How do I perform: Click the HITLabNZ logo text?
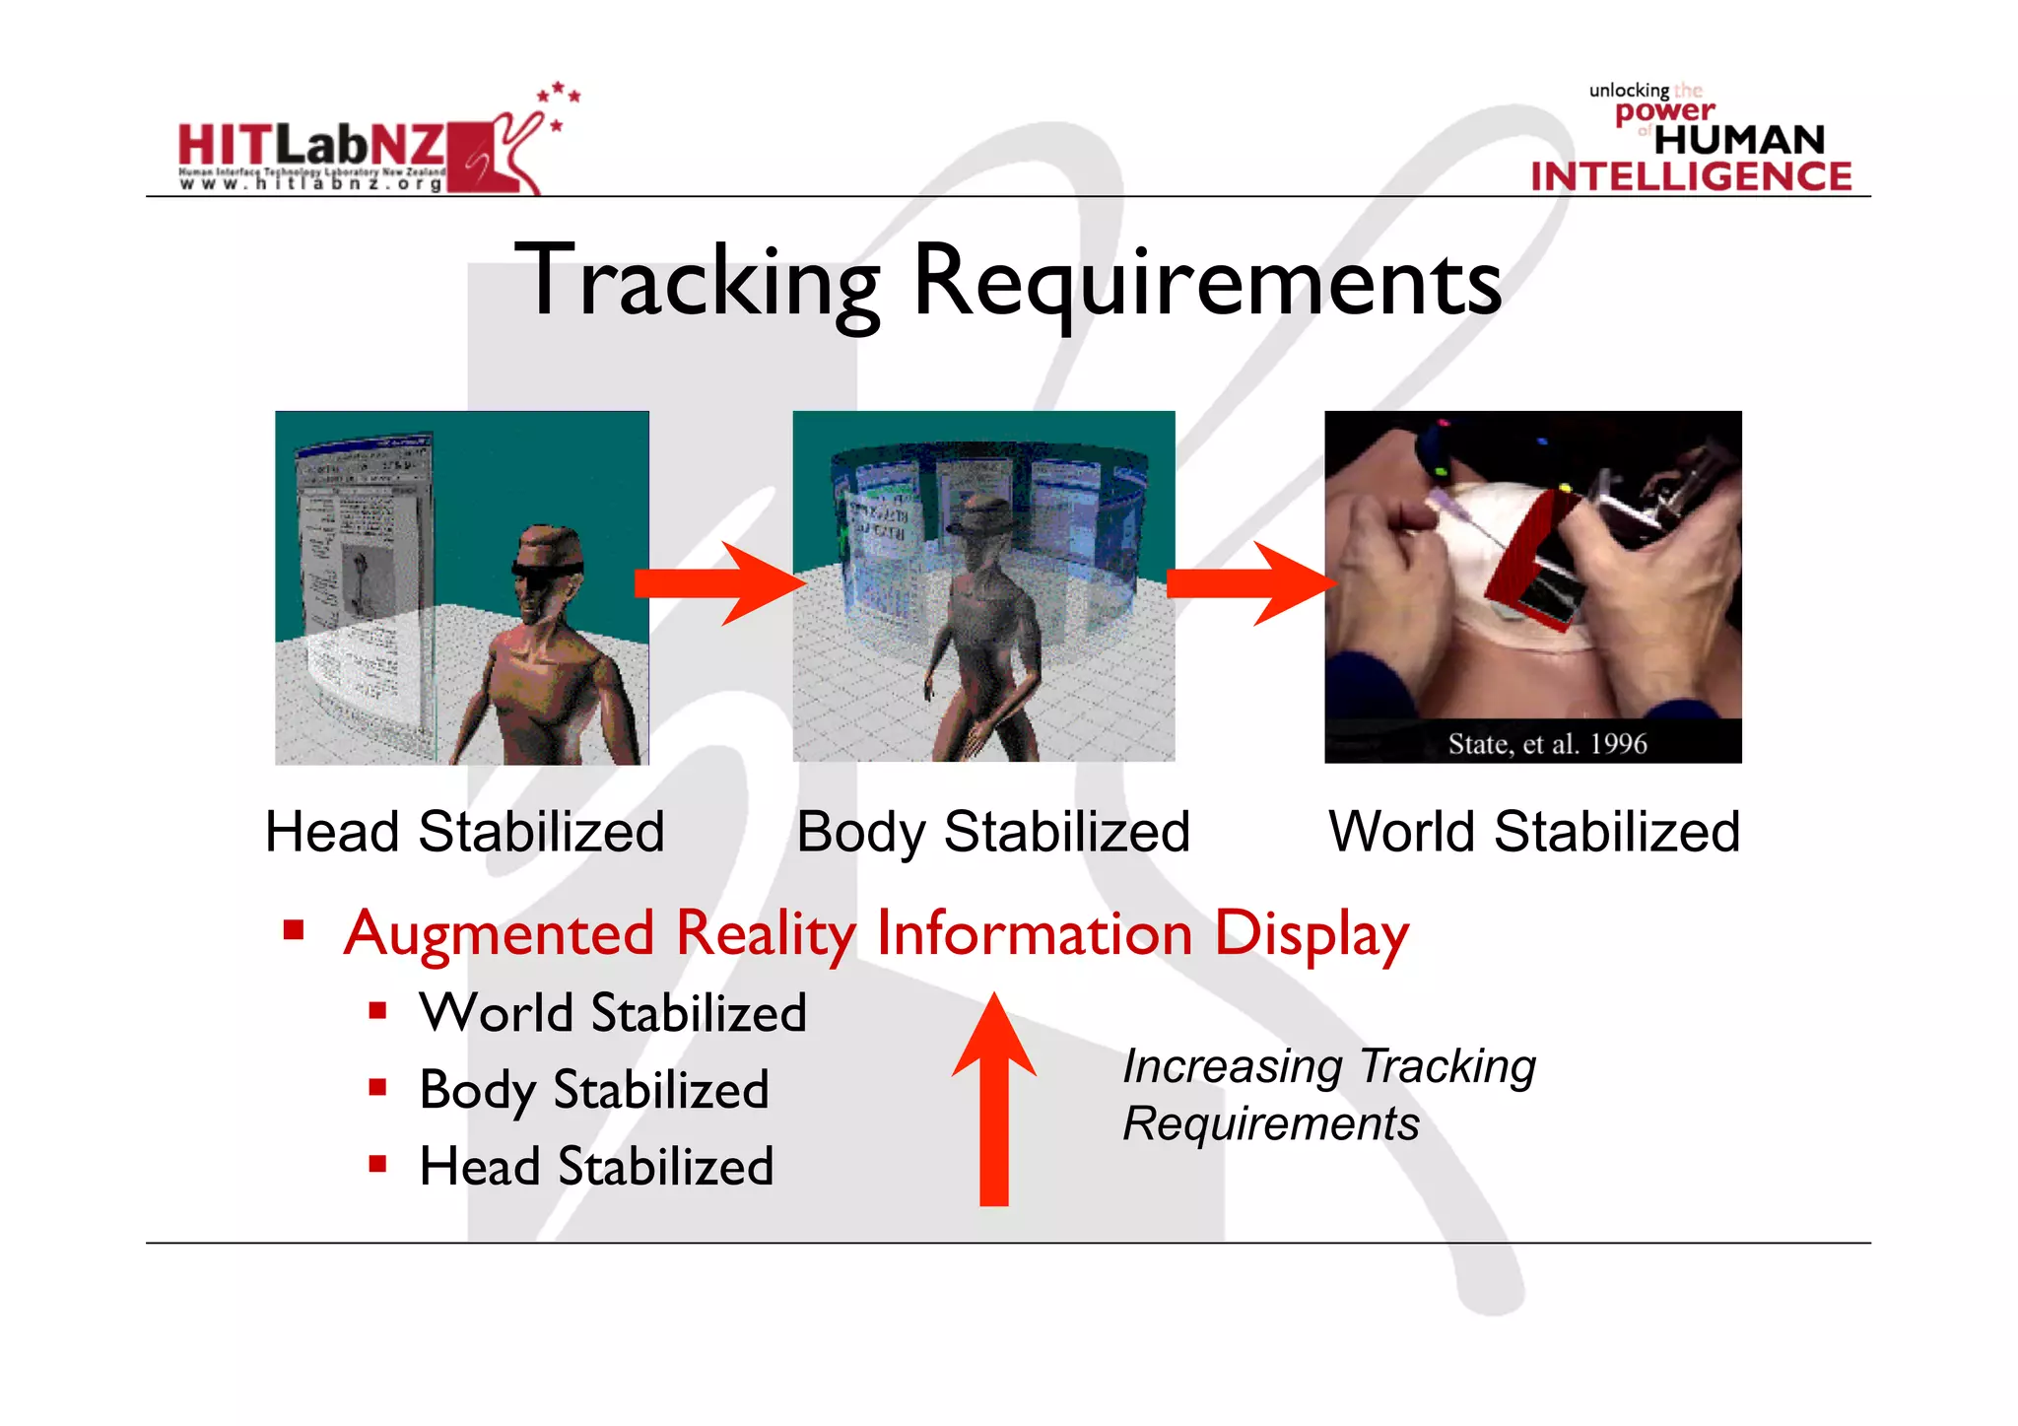311,146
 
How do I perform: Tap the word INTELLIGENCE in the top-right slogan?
1691,176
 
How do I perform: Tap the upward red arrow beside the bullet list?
994,1099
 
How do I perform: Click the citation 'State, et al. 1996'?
1547,743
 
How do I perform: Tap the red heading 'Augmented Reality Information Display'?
876,933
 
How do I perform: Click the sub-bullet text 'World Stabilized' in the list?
613,1013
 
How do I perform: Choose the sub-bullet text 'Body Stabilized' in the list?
594,1090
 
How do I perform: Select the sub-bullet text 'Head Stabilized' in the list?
596,1167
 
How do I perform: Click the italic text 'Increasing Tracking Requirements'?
1328,1094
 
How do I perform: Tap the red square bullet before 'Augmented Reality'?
293,929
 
